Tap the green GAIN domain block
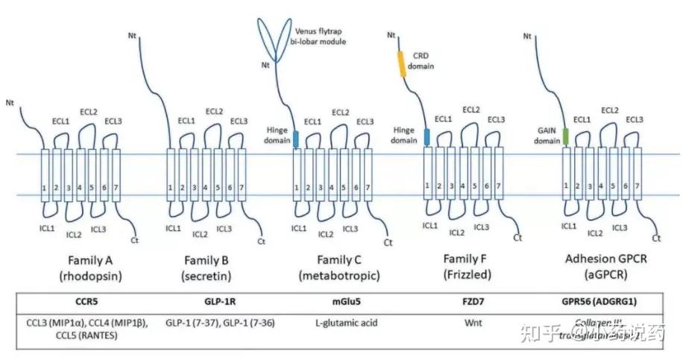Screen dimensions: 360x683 coord(566,136)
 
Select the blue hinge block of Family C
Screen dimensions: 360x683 coord(295,138)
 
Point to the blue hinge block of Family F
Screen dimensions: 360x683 coord(427,136)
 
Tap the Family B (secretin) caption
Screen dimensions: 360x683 coord(206,268)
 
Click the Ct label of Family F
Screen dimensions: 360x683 coord(517,239)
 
